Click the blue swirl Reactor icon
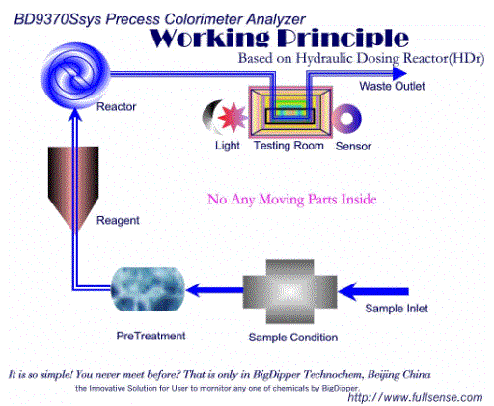(x=75, y=75)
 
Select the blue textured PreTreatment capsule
(x=148, y=289)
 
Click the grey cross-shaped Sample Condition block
(x=289, y=291)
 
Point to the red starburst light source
(x=233, y=118)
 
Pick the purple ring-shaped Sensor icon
(x=346, y=119)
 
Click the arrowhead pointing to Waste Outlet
(x=399, y=74)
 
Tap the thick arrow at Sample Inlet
(x=373, y=291)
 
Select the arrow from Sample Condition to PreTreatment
(x=214, y=290)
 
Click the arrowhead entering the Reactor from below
(x=75, y=115)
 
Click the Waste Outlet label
(x=392, y=86)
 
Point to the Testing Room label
(x=288, y=146)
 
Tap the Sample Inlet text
(x=397, y=309)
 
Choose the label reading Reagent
(x=118, y=221)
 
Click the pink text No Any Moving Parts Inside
(x=292, y=200)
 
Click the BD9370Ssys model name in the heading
(x=58, y=19)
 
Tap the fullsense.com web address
(x=415, y=397)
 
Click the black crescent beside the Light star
(x=210, y=118)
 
